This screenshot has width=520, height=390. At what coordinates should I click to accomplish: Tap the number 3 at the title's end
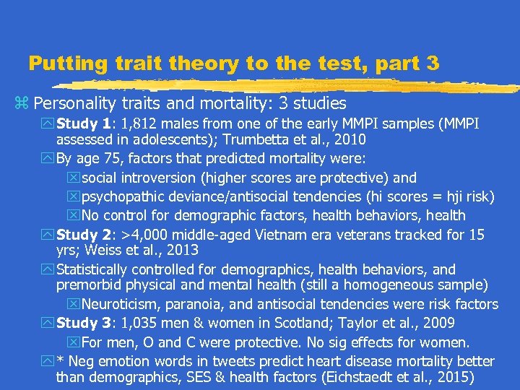coord(432,64)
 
